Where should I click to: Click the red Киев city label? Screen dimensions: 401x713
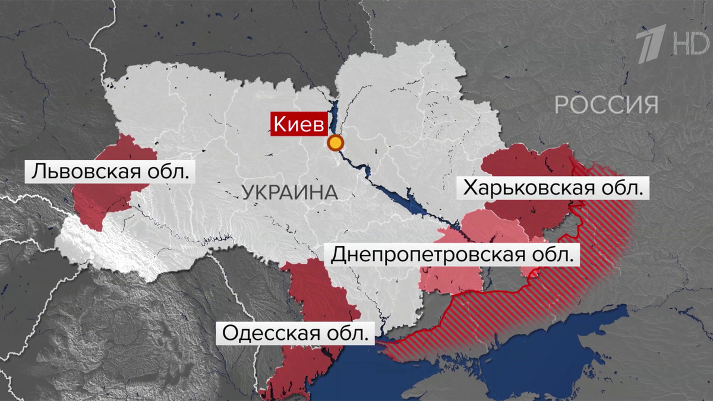(x=299, y=124)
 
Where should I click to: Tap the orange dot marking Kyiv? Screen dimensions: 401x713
(x=336, y=143)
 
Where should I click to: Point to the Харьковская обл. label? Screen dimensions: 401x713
(x=553, y=189)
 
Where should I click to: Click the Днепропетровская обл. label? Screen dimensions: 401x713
(x=453, y=255)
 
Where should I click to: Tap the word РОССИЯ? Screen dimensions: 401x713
(x=607, y=105)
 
